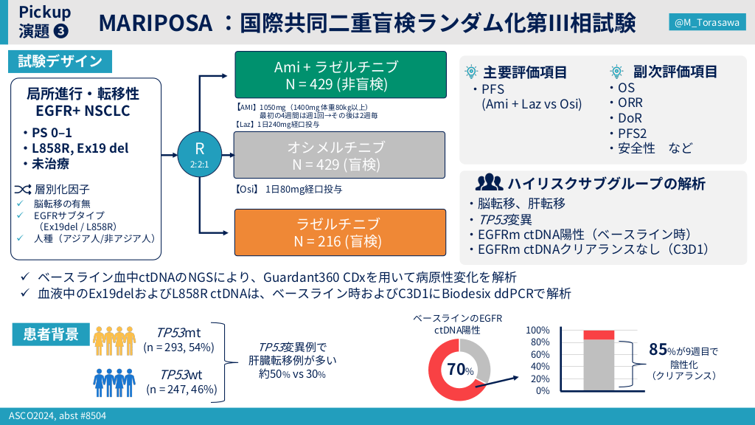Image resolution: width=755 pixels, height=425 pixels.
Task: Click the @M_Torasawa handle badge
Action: point(707,22)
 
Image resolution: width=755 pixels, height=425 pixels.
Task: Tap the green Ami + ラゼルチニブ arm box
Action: point(341,75)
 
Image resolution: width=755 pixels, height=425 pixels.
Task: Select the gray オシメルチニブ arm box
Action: point(339,155)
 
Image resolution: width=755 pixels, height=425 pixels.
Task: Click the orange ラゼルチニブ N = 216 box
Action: point(340,232)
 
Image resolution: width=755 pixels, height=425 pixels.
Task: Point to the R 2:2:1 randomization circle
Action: point(199,154)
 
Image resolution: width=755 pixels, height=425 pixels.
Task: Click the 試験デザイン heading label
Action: point(60,61)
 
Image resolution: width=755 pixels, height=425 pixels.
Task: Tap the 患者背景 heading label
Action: point(51,334)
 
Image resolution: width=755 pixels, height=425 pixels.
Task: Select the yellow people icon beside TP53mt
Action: point(114,341)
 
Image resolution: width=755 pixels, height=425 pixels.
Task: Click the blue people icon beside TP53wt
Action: point(114,383)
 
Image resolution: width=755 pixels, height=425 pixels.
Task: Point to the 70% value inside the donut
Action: point(460,370)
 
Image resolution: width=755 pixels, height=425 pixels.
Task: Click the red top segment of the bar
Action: point(599,335)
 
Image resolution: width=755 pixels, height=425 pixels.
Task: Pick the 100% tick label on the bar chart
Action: point(537,330)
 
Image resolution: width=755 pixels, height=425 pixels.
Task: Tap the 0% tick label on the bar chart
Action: point(543,390)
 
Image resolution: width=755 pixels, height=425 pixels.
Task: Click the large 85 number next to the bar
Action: point(658,349)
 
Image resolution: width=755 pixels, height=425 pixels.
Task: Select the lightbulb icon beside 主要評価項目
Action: point(471,72)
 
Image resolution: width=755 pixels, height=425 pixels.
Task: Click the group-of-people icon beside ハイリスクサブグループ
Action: point(490,182)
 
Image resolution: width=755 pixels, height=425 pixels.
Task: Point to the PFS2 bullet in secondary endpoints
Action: point(632,134)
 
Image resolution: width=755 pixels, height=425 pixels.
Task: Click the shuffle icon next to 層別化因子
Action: point(23,190)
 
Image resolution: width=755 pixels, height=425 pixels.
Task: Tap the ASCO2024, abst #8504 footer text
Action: point(58,416)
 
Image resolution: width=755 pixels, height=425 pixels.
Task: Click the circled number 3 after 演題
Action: point(61,31)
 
